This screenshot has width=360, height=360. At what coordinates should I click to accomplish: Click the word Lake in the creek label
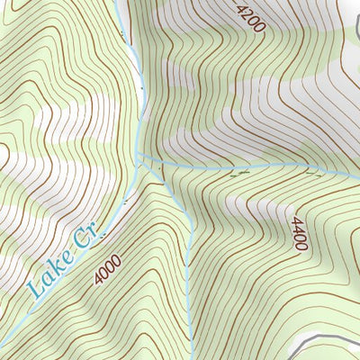[x=48, y=274]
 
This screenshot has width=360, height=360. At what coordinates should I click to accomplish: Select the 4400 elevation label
[x=299, y=233]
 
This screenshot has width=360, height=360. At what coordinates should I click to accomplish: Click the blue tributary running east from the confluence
[x=252, y=167]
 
